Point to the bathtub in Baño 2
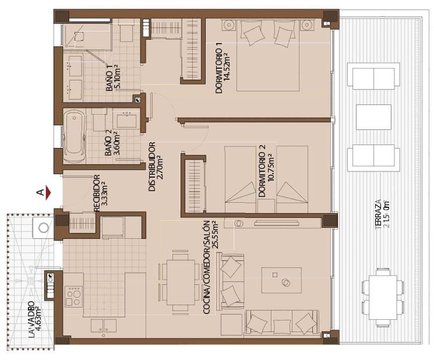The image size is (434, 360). (x=75, y=137)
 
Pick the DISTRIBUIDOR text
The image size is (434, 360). (x=151, y=167)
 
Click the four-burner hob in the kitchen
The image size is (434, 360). (x=73, y=296)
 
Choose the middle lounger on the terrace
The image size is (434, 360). (x=373, y=117)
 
